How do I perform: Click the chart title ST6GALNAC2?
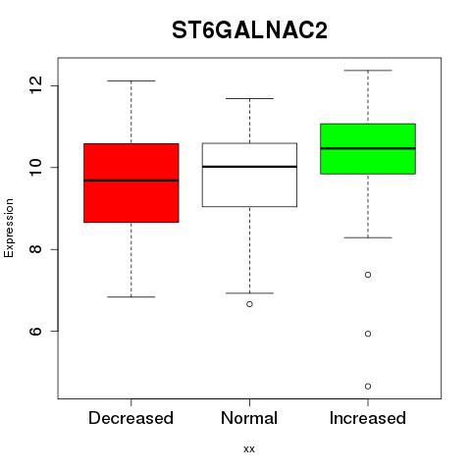point(249,30)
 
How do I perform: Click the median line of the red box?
point(131,181)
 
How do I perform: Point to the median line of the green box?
point(368,148)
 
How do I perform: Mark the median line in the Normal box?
point(249,167)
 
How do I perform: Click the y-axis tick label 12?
point(35,85)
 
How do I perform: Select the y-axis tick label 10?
point(35,167)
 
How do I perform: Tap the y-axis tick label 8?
point(35,249)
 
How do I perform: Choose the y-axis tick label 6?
point(35,331)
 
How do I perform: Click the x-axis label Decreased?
point(131,418)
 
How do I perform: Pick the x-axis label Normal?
point(249,418)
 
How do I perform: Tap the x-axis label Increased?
point(368,418)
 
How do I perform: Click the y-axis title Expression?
point(9,228)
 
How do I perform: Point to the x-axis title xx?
point(249,449)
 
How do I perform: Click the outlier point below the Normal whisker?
point(249,304)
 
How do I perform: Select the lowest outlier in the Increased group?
point(368,387)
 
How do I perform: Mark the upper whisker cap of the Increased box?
point(368,71)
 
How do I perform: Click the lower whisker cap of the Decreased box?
point(131,297)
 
